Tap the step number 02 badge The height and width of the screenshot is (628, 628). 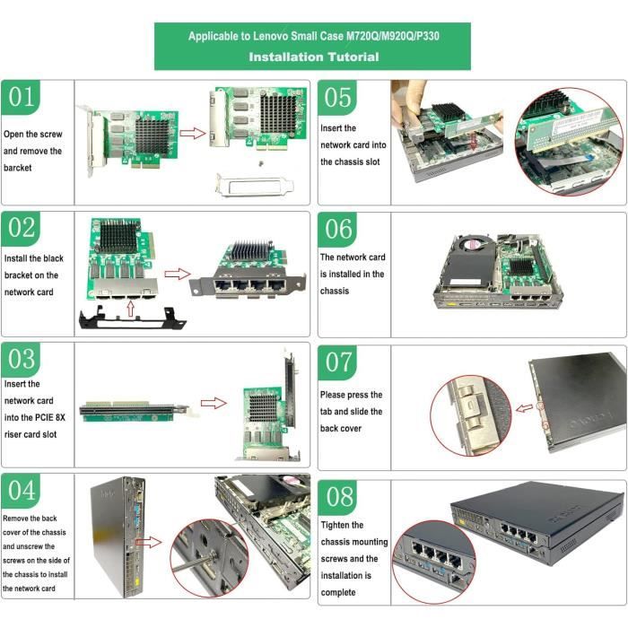click(x=21, y=229)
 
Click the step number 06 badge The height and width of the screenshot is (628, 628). click(x=338, y=229)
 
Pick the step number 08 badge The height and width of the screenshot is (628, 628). click(x=338, y=496)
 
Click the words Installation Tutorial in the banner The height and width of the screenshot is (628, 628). click(x=313, y=57)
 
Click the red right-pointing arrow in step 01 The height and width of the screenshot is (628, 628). click(x=192, y=133)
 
